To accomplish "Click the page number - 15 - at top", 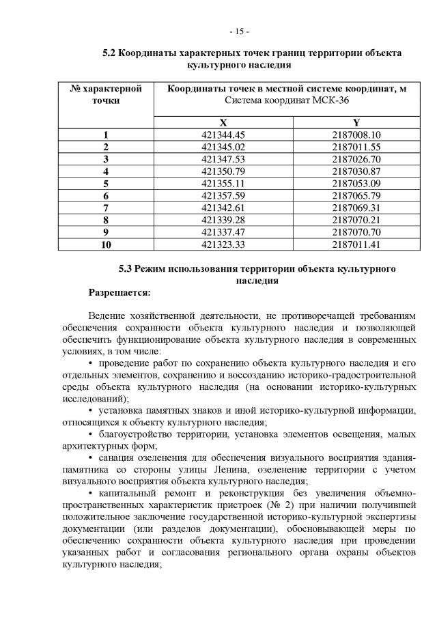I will (238, 31).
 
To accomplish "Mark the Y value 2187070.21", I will (356, 220).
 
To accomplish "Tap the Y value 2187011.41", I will (356, 244).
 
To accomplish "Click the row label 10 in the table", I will (106, 244).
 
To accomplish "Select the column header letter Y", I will (356, 122).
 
